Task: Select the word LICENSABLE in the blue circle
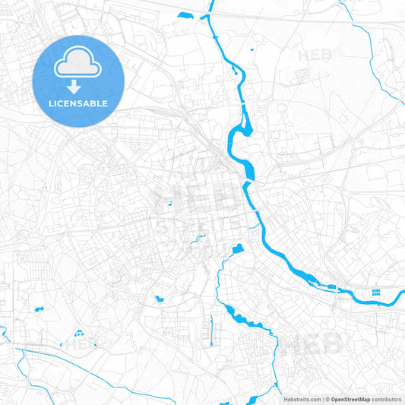coord(78,103)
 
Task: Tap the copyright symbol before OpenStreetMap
coord(327,399)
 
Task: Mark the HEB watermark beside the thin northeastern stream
coord(315,55)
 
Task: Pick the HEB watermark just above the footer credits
coord(313,344)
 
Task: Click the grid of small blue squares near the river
coord(375,293)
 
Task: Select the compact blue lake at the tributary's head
coord(237,248)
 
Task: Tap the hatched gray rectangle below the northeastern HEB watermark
coord(302,75)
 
